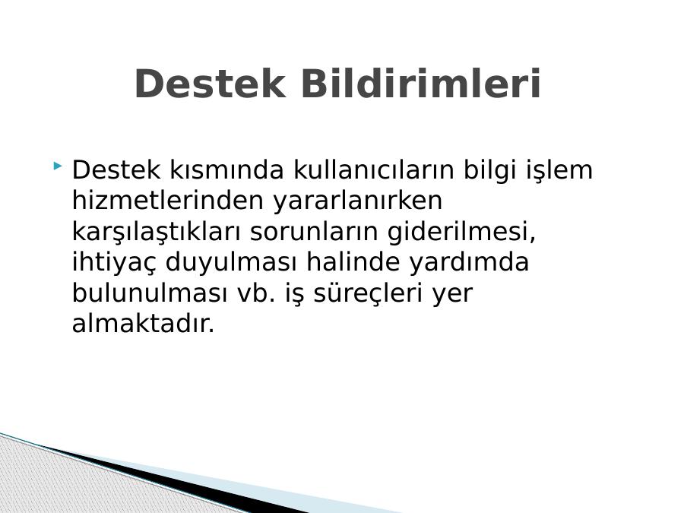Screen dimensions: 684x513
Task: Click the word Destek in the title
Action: tap(211, 84)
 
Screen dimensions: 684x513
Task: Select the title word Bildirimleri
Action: tap(421, 84)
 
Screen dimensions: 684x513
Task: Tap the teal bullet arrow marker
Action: tap(57, 166)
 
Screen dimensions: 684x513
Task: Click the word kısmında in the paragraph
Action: tap(226, 169)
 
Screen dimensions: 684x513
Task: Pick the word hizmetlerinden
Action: tap(168, 200)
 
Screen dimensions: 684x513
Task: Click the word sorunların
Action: tap(314, 232)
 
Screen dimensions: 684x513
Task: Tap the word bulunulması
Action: tap(150, 293)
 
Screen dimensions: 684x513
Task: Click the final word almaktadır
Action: tap(144, 324)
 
